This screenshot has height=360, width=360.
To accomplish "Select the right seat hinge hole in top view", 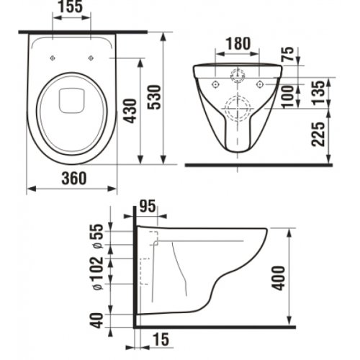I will (x=91, y=58).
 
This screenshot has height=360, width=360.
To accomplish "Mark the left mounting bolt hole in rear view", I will (x=214, y=84).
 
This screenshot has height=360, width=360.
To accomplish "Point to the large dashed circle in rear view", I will (x=238, y=109).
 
